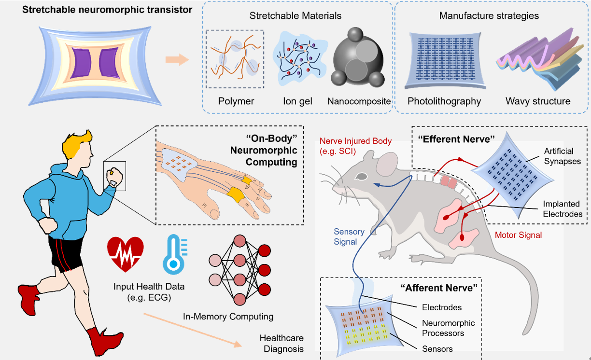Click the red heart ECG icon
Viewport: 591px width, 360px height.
click(125, 255)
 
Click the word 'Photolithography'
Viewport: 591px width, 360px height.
click(444, 101)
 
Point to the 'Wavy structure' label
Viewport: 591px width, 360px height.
click(538, 101)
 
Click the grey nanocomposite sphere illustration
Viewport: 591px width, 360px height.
click(358, 58)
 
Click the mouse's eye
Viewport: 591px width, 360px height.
click(361, 177)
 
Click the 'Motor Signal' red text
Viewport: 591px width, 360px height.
click(519, 235)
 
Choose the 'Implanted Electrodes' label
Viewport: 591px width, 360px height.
click(562, 208)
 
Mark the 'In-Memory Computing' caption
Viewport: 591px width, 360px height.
click(228, 317)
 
